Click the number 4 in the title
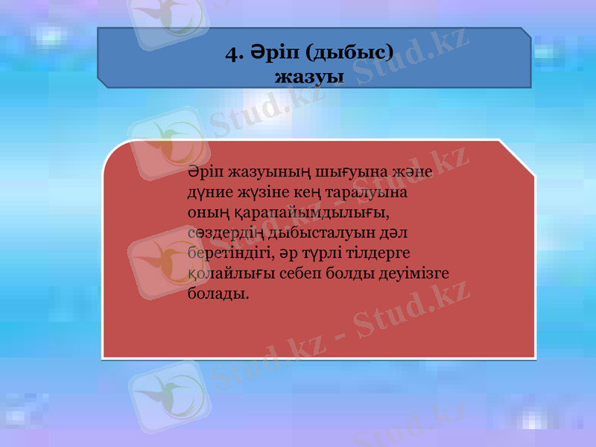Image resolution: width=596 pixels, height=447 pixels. point(232,53)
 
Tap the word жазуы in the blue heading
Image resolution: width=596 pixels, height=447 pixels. point(309,76)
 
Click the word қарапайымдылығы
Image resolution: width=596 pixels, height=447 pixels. point(315,213)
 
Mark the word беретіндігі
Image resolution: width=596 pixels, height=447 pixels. point(232,253)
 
